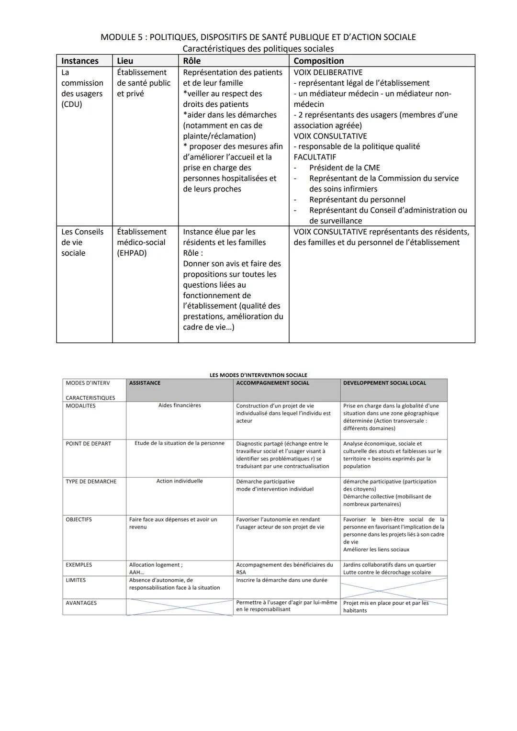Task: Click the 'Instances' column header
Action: (79, 61)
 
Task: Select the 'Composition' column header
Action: (318, 61)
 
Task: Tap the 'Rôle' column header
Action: (191, 61)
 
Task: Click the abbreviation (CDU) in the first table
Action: (71, 104)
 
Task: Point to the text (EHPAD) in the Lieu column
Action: (132, 253)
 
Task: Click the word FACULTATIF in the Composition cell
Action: (315, 157)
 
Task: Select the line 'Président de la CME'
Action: (344, 168)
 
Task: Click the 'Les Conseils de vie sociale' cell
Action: (82, 242)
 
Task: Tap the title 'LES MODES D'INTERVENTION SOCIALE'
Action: (258, 375)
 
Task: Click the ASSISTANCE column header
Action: (145, 383)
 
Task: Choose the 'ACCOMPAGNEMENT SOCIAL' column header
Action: (272, 383)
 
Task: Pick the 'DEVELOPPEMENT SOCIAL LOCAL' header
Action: (384, 383)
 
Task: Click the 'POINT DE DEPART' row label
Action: (88, 444)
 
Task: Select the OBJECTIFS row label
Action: (79, 519)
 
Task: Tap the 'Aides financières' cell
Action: (180, 405)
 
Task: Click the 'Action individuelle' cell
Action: (180, 481)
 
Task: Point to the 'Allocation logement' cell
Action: (156, 565)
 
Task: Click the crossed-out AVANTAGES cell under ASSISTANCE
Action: (180, 607)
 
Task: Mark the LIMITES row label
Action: (76, 580)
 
